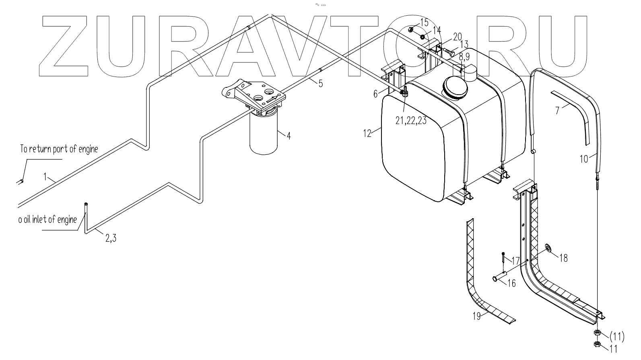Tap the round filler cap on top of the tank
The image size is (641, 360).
tap(455, 86)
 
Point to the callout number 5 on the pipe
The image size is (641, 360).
tap(320, 84)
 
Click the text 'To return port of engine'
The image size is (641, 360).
tap(59, 149)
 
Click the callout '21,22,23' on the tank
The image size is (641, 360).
tap(410, 120)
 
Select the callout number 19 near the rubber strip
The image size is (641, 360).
tap(477, 317)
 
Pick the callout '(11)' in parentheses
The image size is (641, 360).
tap(617, 336)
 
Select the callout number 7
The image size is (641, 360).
tap(558, 110)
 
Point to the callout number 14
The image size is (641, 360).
tap(436, 30)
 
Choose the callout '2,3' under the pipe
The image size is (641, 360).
tap(111, 238)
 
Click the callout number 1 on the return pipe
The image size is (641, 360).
tap(46, 176)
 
